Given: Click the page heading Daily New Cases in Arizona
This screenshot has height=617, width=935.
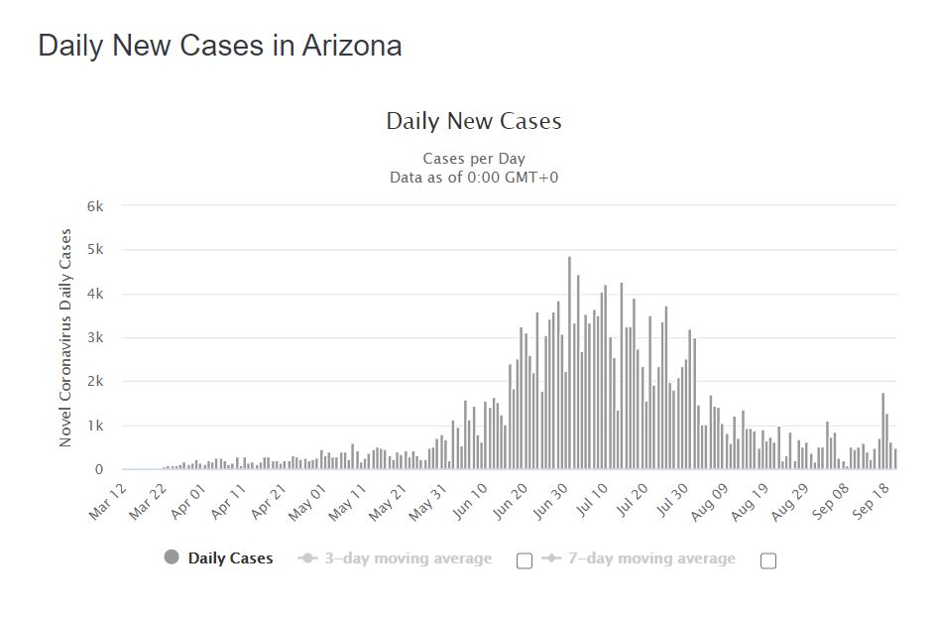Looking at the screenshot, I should point(219,46).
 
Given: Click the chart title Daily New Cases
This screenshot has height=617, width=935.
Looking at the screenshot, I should point(474,122).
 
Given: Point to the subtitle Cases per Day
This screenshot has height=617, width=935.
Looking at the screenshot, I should point(474,159).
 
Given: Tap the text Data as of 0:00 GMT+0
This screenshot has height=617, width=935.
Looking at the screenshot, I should point(474,178).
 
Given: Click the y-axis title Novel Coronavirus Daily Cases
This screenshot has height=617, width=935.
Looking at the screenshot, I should point(66,337).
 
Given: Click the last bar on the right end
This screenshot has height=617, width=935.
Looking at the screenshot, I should point(895,459).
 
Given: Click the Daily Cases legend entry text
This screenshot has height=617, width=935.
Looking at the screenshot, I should point(230,558).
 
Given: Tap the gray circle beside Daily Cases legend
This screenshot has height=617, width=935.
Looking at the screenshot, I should point(172,557).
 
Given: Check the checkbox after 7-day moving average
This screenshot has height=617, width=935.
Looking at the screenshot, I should point(767,560).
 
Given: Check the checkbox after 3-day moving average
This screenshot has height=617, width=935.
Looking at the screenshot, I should point(525,560).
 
